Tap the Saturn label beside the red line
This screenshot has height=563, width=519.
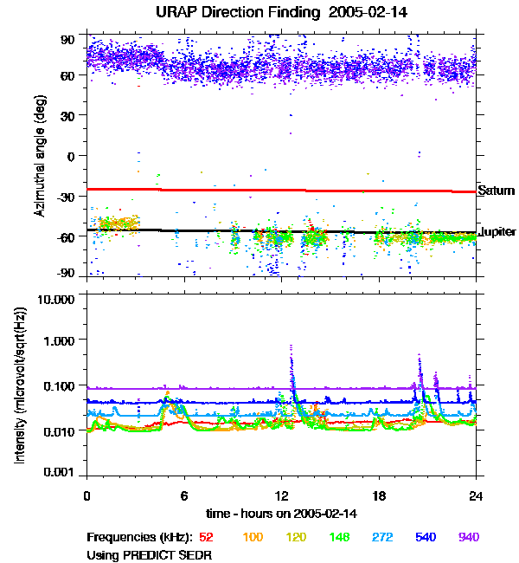pyautogui.click(x=496, y=191)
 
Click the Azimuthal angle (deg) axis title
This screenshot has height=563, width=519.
pyautogui.click(x=40, y=156)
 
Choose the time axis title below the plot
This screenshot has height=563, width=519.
pyautogui.click(x=281, y=514)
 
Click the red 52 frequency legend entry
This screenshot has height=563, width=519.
pyautogui.click(x=207, y=537)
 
